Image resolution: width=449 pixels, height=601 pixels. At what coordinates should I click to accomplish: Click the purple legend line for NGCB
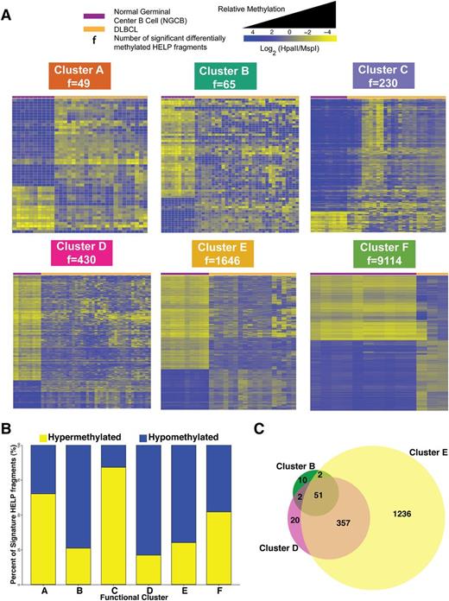(40, 16)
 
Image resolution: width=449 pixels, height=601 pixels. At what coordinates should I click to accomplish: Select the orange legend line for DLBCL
(40, 31)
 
